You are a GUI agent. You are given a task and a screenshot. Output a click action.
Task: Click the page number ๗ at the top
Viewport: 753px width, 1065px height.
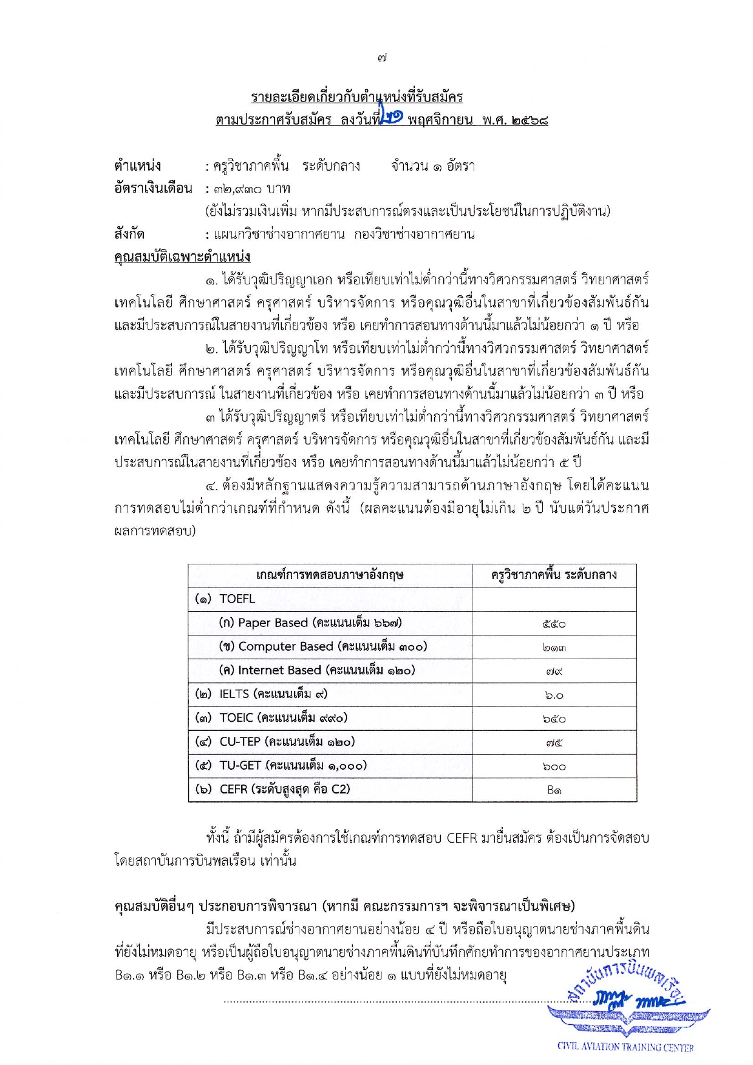tap(382, 58)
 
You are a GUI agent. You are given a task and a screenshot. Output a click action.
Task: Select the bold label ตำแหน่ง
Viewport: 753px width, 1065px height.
tap(137, 165)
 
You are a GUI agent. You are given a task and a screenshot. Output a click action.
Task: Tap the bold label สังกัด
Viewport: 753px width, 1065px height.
tap(129, 234)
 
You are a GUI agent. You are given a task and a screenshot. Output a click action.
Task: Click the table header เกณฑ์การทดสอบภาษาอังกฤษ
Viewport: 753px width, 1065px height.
tap(330, 575)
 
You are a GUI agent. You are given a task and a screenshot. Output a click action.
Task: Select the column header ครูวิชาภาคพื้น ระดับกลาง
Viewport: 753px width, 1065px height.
tap(554, 575)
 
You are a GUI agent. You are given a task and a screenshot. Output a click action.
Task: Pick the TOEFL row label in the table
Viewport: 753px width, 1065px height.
tap(237, 599)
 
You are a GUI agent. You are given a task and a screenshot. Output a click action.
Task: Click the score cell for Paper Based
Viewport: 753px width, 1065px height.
tap(554, 623)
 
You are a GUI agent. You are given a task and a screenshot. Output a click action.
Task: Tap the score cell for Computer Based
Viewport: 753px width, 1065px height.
tap(554, 648)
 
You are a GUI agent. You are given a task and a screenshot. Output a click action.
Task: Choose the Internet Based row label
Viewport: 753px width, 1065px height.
tap(317, 671)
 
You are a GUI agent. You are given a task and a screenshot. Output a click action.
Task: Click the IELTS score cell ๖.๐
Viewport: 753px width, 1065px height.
tap(554, 695)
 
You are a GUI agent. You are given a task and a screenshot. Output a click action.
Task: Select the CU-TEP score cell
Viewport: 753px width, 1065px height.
tap(554, 742)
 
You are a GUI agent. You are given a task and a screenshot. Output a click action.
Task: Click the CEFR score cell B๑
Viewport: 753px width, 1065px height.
tap(554, 790)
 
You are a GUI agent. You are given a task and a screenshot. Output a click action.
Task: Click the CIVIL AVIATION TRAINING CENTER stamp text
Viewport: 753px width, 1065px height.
tap(625, 1047)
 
